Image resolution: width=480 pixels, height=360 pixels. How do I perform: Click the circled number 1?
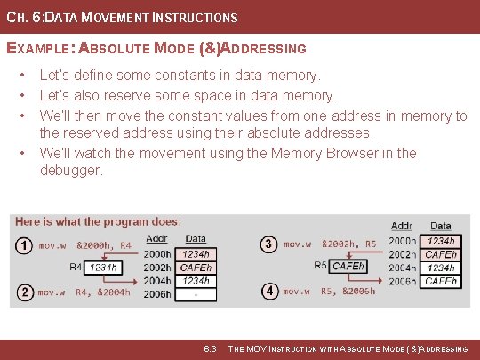[x=24, y=244]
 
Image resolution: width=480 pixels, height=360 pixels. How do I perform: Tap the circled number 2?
[x=24, y=292]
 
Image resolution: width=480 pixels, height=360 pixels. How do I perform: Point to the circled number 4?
[x=268, y=291]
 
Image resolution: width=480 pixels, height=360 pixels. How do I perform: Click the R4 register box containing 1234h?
[x=103, y=266]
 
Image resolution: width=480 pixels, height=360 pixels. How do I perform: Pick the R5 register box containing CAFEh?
[x=348, y=266]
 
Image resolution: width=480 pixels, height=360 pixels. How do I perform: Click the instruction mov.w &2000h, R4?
[x=84, y=244]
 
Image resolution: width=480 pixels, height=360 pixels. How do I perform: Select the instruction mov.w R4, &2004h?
[x=84, y=292]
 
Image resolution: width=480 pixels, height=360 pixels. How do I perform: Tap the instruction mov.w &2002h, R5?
[x=330, y=243]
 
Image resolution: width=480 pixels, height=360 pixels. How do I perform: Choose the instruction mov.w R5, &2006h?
[x=329, y=291]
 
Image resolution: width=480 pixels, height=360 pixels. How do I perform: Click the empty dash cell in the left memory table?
[x=196, y=294]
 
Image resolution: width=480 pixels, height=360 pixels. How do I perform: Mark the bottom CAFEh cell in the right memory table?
[x=441, y=281]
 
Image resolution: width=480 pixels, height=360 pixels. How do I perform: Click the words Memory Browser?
[x=310, y=153]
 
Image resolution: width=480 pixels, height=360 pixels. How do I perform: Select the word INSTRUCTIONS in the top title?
[x=198, y=17]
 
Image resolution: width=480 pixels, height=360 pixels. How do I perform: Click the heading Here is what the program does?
[x=98, y=221]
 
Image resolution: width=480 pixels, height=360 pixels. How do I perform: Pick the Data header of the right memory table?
[x=441, y=227]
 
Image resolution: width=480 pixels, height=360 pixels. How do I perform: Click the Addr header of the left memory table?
[x=156, y=238]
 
